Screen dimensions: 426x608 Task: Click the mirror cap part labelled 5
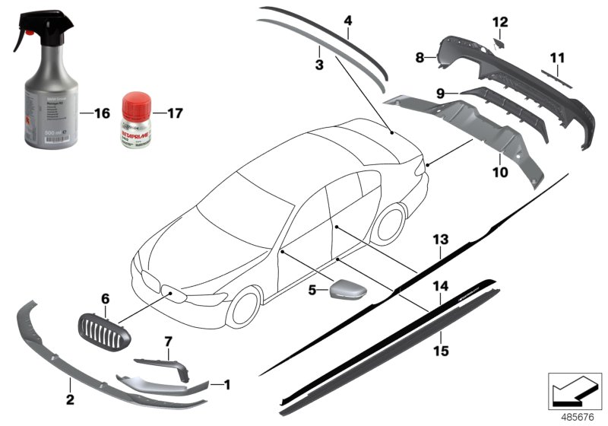[346, 291]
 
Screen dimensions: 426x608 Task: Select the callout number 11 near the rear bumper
[558, 57]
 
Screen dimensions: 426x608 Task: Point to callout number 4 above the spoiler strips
[347, 21]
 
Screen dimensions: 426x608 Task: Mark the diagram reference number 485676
[578, 416]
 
